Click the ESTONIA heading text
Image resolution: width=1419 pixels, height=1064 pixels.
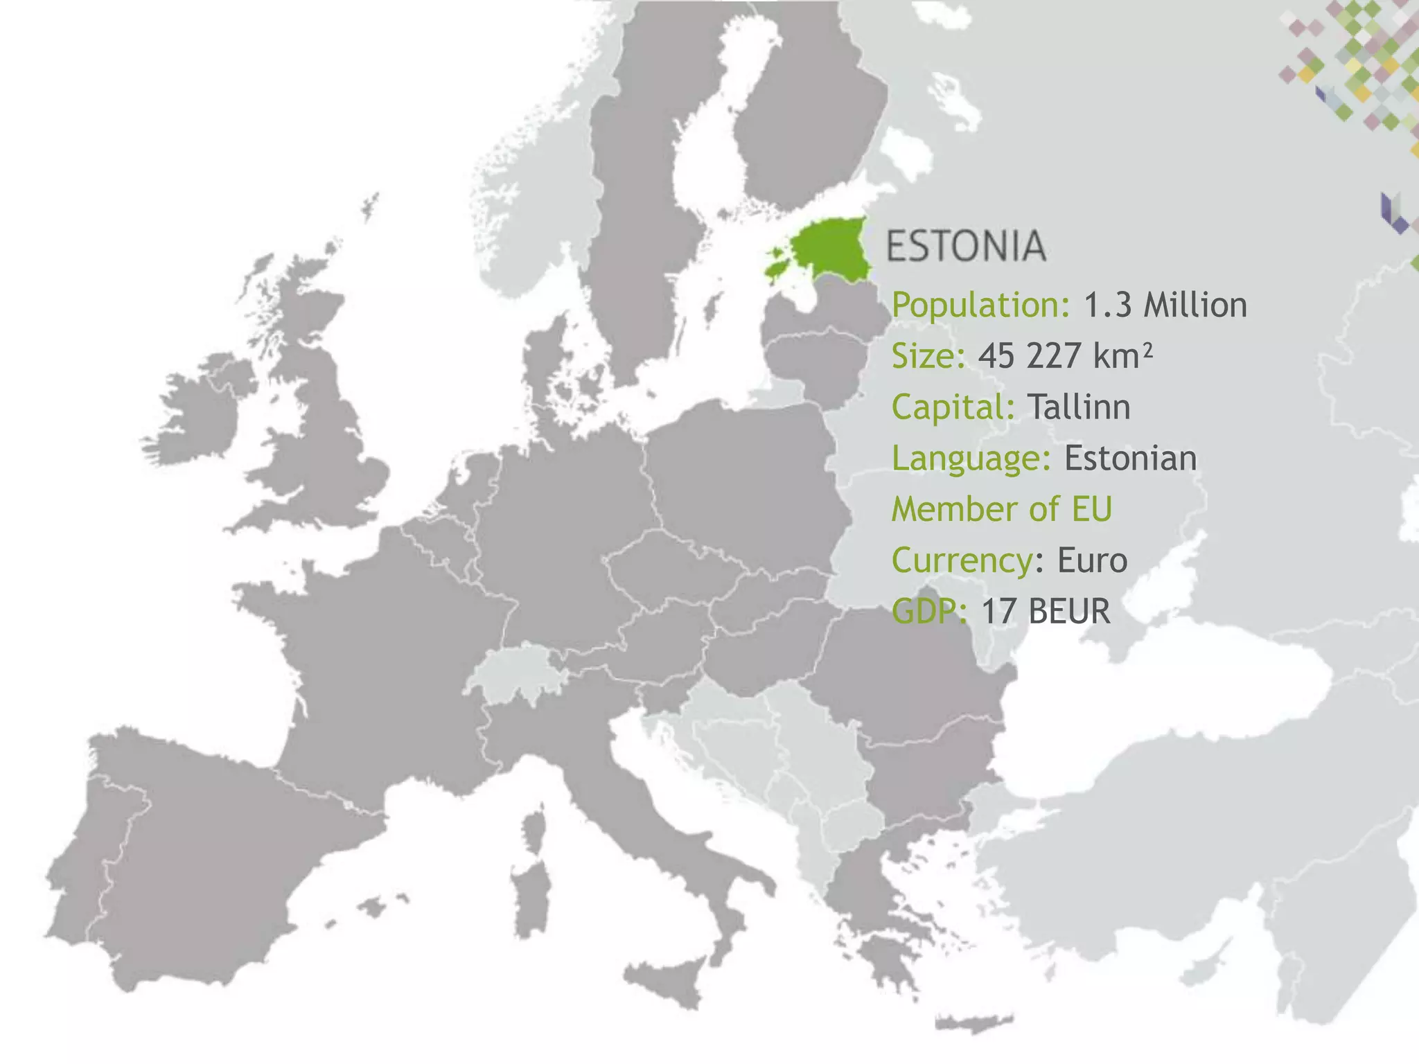pos(966,247)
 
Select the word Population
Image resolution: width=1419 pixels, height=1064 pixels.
pos(980,305)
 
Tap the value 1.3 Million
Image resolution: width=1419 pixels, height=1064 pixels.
pos(1165,305)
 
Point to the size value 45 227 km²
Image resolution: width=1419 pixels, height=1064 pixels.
pos(1065,356)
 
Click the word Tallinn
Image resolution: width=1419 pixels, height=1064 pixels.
pos(1079,407)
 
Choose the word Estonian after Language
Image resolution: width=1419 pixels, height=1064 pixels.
pos(1130,459)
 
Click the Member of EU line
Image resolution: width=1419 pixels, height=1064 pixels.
pos(1001,509)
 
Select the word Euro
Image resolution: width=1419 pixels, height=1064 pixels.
pos(1092,560)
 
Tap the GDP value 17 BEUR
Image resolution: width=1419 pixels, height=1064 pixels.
pos(1046,611)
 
